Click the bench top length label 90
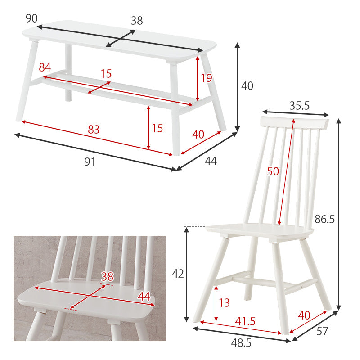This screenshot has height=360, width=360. [x=31, y=18]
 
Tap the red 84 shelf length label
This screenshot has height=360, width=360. [x=45, y=67]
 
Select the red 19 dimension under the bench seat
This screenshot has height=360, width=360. [x=207, y=78]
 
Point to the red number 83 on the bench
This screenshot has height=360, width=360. [x=94, y=130]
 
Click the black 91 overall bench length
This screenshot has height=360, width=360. [x=90, y=162]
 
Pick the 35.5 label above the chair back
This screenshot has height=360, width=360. [x=299, y=106]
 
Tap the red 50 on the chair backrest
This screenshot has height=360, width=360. [x=273, y=171]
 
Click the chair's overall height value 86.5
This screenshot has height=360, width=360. [x=324, y=219]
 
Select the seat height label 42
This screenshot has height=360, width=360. [x=178, y=274]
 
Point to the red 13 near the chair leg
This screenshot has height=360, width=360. [x=224, y=302]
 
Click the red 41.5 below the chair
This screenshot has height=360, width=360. [x=245, y=321]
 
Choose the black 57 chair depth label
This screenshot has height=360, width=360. [x=322, y=331]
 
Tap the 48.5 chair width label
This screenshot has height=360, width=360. [x=241, y=343]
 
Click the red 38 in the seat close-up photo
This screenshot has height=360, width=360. [x=107, y=277]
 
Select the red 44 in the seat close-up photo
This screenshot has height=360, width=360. [x=144, y=297]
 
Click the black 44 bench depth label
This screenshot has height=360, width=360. [x=211, y=161]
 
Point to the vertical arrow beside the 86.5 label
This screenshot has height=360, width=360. [x=339, y=215]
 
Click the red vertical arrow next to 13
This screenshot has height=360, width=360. [x=216, y=303]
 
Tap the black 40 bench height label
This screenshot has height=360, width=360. [x=247, y=86]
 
